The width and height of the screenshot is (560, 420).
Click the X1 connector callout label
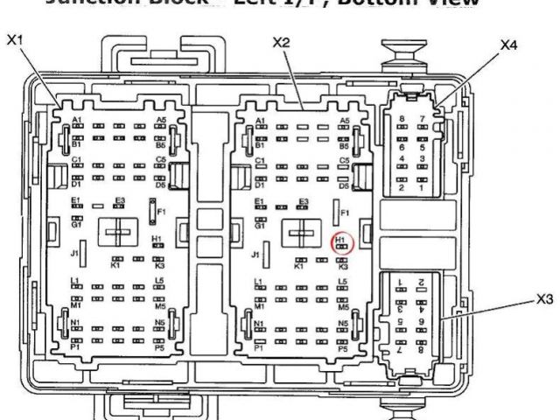(14, 39)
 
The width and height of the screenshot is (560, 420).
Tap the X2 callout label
(281, 41)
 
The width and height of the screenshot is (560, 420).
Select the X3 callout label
(545, 298)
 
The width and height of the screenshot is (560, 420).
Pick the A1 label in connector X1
(77, 119)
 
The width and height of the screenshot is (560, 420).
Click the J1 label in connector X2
(255, 255)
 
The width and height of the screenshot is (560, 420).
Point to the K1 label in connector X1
(115, 265)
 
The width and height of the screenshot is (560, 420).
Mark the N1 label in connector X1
(76, 323)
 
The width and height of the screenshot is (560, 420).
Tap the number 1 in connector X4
(422, 188)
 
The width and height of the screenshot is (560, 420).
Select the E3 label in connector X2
(304, 201)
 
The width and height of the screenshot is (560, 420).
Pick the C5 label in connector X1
(161, 159)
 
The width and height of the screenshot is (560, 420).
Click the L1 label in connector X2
(258, 281)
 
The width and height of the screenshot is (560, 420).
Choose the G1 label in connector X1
(76, 223)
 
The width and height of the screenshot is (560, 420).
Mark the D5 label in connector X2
(344, 185)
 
